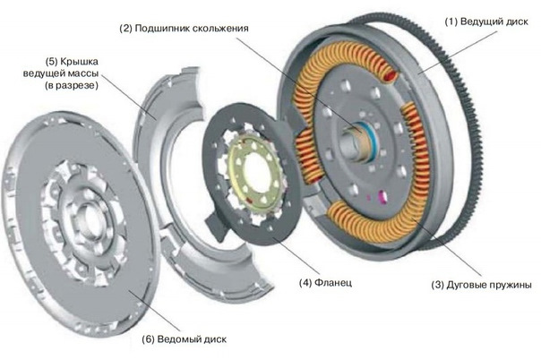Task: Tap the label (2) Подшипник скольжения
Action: (x=183, y=28)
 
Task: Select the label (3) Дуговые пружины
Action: (x=482, y=285)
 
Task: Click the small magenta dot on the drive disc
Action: (x=382, y=195)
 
